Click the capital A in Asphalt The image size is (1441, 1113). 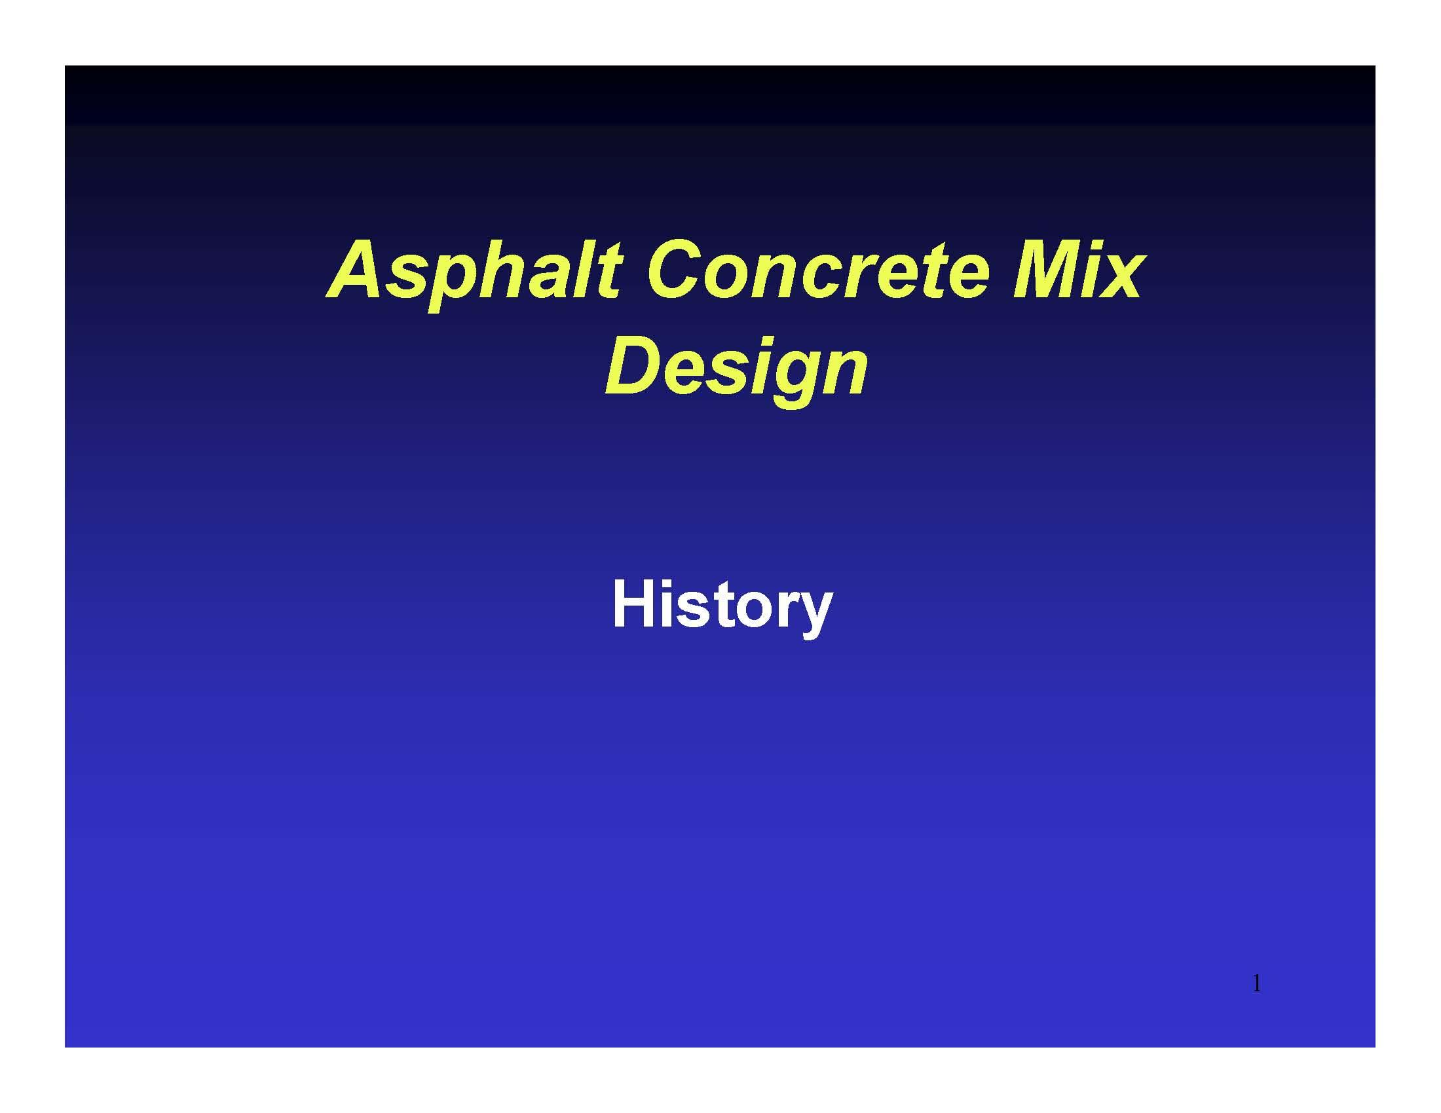click(362, 270)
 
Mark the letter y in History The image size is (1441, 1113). click(815, 613)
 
